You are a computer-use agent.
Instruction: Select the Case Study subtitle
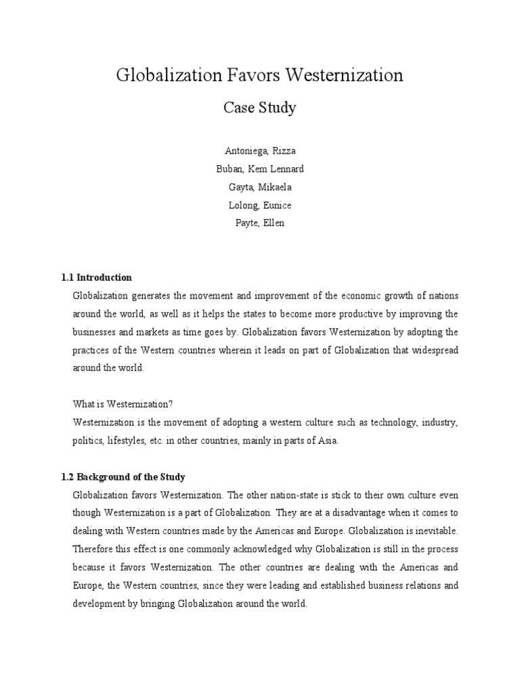point(259,108)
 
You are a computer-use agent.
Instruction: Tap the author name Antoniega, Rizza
point(260,151)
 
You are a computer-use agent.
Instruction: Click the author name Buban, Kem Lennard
point(260,169)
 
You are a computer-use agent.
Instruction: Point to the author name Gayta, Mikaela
point(260,187)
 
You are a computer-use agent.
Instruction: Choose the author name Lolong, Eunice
point(260,205)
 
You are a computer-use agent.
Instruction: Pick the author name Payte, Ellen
point(260,223)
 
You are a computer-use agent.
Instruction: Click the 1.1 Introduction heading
point(96,277)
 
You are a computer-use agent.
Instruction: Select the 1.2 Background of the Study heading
point(123,476)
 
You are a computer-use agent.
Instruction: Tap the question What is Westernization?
point(123,404)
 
